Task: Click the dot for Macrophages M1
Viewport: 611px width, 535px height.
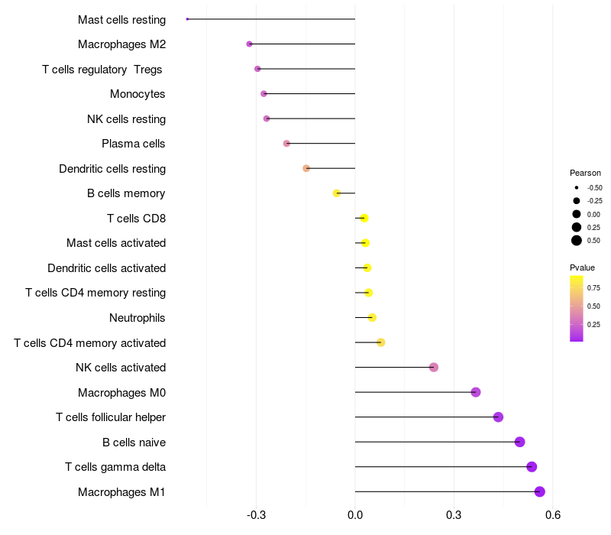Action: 540,491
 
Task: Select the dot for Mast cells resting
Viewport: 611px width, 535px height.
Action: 187,19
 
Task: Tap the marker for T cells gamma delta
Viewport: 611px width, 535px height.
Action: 532,467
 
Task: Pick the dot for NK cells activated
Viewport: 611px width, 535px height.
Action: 434,368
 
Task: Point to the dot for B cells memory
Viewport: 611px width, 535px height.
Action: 337,193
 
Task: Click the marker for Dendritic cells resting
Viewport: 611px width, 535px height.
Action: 306,168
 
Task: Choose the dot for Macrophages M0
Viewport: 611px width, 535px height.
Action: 476,392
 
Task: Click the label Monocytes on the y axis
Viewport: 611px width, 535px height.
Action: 137,94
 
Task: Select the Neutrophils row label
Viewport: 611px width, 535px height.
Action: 137,318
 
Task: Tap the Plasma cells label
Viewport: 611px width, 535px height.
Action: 134,144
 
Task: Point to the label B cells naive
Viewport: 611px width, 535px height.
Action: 134,443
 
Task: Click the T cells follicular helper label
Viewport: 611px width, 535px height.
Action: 111,417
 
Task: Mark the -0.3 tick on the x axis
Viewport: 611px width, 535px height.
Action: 257,516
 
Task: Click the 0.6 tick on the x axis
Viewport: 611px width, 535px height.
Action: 553,516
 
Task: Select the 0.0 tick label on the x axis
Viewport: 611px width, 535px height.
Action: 355,516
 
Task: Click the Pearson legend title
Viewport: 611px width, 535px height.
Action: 585,173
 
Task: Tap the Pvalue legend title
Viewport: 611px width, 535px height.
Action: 582,267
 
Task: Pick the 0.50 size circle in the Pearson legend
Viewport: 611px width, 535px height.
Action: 577,241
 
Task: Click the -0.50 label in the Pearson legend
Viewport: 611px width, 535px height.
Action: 594,187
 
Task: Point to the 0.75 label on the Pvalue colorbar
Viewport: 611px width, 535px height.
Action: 593,287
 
